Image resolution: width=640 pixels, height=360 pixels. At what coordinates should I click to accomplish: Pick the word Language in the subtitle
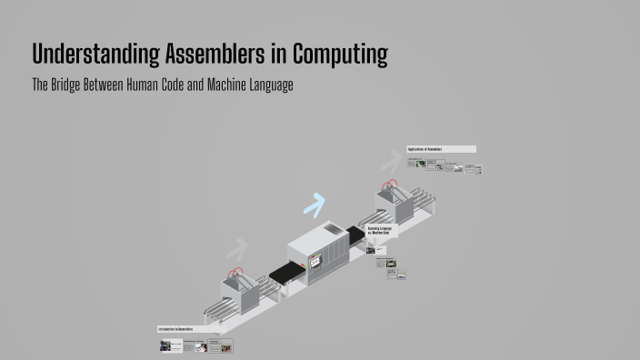266,85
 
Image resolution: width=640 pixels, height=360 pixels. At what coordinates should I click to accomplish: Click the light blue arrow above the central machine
315,206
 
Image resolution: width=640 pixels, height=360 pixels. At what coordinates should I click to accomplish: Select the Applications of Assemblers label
441,149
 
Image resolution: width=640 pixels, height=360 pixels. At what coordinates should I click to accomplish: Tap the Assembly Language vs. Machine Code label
379,231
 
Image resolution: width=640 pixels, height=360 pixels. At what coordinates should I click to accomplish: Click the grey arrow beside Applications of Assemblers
391,162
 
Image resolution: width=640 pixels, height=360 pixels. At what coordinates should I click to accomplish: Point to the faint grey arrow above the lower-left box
236,248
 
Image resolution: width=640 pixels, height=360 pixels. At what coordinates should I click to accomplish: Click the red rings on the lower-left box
237,272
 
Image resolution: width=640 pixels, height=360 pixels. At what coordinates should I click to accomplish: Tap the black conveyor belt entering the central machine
287,270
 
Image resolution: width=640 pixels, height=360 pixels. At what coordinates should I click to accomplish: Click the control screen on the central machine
315,262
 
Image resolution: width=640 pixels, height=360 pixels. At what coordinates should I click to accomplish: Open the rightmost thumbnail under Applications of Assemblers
474,169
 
